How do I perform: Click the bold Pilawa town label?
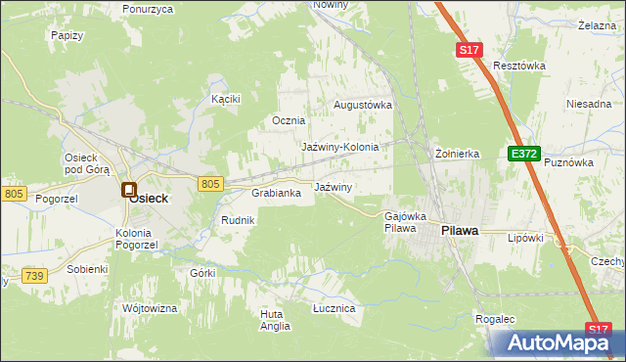(x=460, y=231)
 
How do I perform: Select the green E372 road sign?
(x=523, y=153)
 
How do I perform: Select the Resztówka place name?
(x=518, y=66)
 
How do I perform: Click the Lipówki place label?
(x=524, y=238)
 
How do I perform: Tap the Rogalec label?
(x=495, y=319)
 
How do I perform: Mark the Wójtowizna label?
(x=150, y=308)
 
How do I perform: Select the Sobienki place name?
(x=87, y=268)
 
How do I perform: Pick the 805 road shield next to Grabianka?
(x=210, y=183)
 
